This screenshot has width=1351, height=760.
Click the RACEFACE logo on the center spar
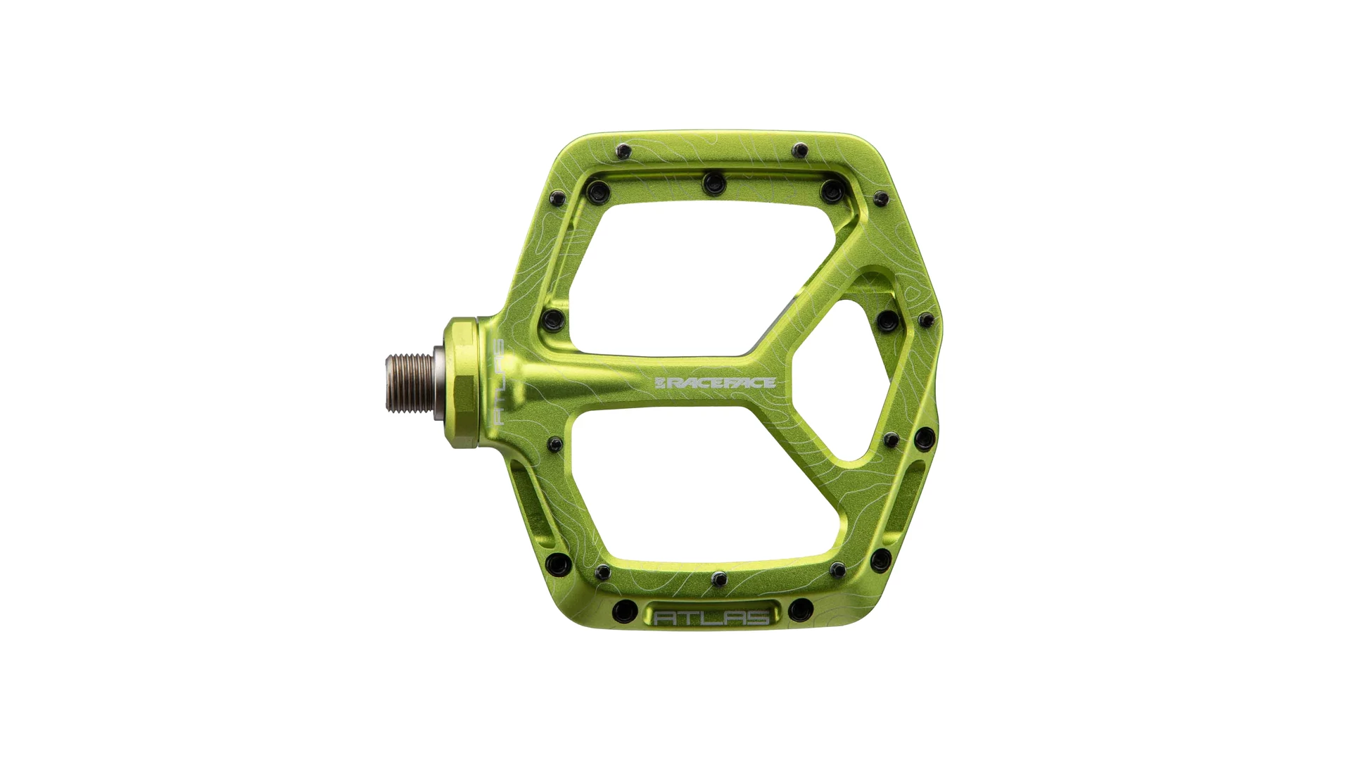[715, 383]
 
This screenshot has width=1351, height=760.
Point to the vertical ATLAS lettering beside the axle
[497, 384]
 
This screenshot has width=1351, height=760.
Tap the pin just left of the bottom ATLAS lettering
[624, 611]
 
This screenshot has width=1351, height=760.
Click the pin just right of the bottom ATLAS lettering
[800, 609]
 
